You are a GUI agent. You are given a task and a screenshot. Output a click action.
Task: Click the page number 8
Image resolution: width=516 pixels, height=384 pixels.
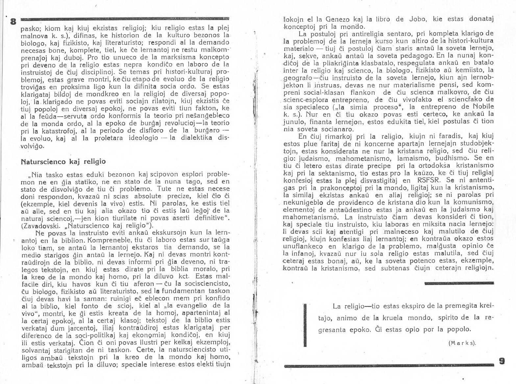13,22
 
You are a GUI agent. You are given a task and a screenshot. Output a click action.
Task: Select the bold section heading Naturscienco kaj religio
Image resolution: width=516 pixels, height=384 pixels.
63,161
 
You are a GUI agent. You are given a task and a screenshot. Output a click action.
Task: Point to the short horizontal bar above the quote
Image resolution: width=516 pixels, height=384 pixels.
459,283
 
